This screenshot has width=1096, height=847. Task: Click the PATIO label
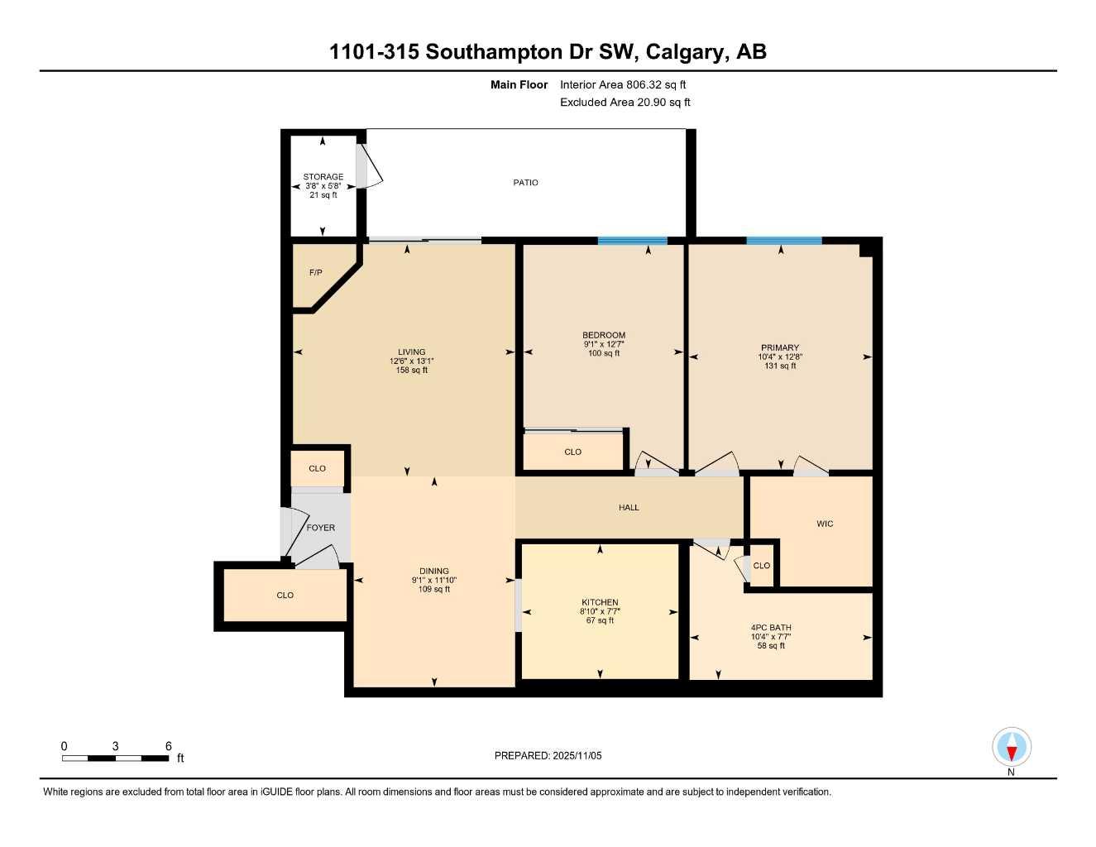(x=525, y=183)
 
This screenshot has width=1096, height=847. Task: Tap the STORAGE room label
(x=323, y=177)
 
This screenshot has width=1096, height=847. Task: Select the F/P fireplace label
(x=315, y=273)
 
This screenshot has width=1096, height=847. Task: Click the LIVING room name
(x=411, y=352)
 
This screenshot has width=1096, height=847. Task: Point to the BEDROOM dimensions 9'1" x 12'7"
(x=604, y=345)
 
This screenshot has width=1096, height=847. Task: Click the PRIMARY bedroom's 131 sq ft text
(x=780, y=366)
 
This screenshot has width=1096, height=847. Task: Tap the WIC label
(x=825, y=524)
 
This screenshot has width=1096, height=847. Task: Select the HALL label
(x=629, y=508)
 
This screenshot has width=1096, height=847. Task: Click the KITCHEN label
(x=600, y=603)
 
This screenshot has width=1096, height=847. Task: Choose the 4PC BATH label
(x=771, y=628)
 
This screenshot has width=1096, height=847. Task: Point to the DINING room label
(x=434, y=572)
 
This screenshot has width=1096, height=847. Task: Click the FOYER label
(x=321, y=528)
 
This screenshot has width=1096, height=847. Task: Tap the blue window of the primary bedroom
(x=783, y=242)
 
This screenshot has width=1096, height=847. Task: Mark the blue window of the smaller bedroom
(x=632, y=242)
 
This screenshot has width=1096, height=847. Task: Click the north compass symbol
(x=1011, y=749)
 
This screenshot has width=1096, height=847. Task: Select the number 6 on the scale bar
(x=169, y=746)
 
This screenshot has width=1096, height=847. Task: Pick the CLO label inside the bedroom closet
(x=572, y=452)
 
